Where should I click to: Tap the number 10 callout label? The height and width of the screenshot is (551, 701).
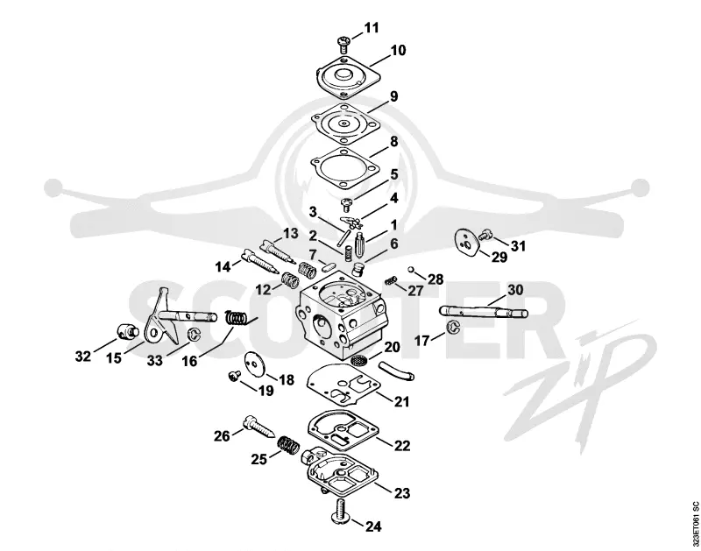tap(398, 50)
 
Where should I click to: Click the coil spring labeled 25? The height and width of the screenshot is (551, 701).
tap(288, 445)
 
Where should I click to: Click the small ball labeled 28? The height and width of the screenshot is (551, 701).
tap(410, 270)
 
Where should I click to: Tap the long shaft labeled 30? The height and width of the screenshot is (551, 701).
tap(484, 311)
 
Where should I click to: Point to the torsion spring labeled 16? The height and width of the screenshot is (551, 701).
tap(240, 317)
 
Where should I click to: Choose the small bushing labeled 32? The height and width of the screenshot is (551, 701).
tap(126, 332)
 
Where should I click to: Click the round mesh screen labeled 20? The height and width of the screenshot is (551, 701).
tap(358, 358)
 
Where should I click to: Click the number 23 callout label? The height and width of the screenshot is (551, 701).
tap(402, 493)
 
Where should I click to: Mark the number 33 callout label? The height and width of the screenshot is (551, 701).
tap(155, 360)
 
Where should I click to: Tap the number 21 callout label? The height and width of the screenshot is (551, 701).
tap(402, 401)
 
